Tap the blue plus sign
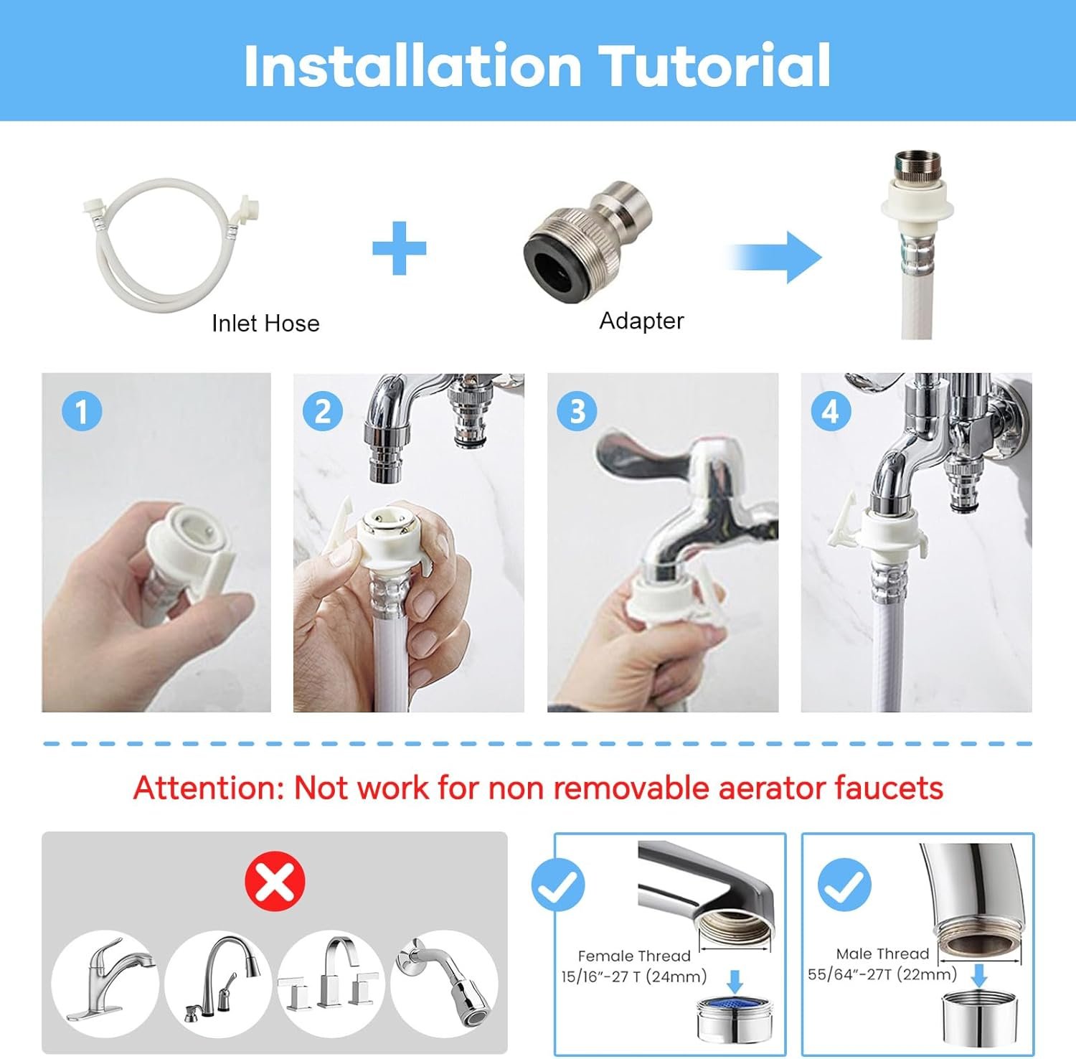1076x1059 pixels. click(400, 248)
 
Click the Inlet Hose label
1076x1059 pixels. click(265, 324)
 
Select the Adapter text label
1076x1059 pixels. click(641, 321)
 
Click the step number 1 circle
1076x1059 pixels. click(82, 411)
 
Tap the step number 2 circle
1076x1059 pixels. click(323, 411)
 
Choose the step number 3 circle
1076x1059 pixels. click(577, 411)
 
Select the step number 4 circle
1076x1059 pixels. click(831, 411)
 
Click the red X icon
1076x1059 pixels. click(275, 881)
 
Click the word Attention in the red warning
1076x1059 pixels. click(209, 788)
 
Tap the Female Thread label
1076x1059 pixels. click(634, 956)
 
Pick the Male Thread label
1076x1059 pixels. click(882, 954)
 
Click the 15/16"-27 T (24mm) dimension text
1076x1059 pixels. click(634, 976)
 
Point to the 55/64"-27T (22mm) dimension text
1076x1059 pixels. click(882, 974)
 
